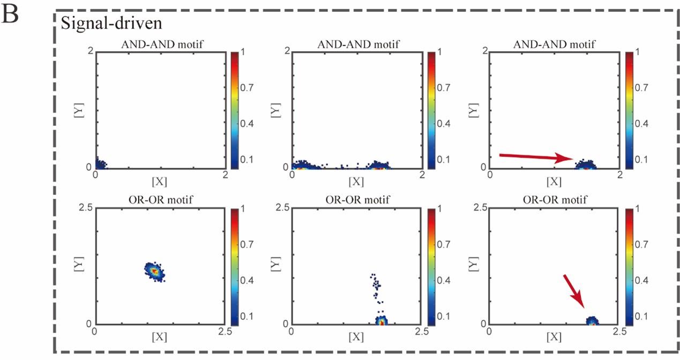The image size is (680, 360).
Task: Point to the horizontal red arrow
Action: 536,157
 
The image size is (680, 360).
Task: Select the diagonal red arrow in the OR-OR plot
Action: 574,292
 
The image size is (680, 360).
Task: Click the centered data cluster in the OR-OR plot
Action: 155,271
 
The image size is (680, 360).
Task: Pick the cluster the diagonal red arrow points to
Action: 592,321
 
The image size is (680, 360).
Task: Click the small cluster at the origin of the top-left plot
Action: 100,164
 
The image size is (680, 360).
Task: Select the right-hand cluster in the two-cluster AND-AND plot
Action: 380,166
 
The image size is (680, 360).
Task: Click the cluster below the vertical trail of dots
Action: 381,321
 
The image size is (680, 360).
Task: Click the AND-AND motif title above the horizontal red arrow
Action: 554,44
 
